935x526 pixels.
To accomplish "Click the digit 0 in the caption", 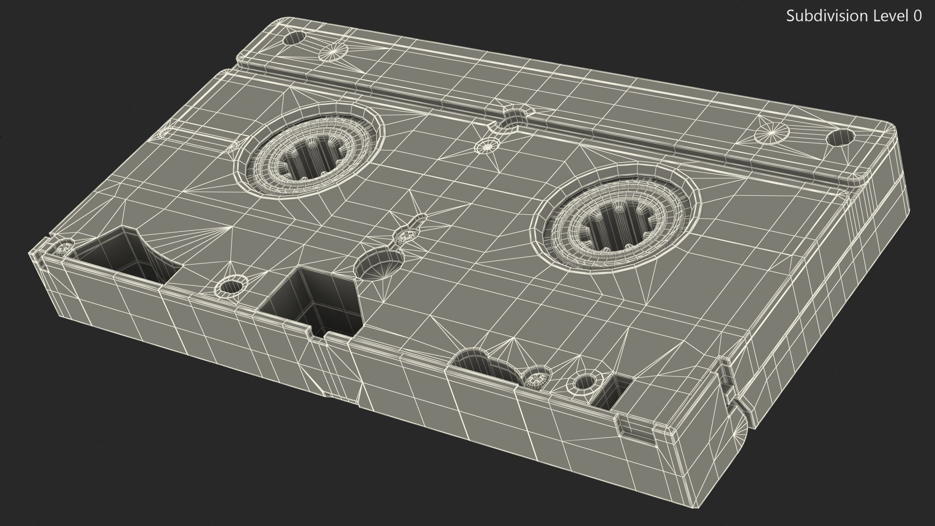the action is click(x=917, y=16).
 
